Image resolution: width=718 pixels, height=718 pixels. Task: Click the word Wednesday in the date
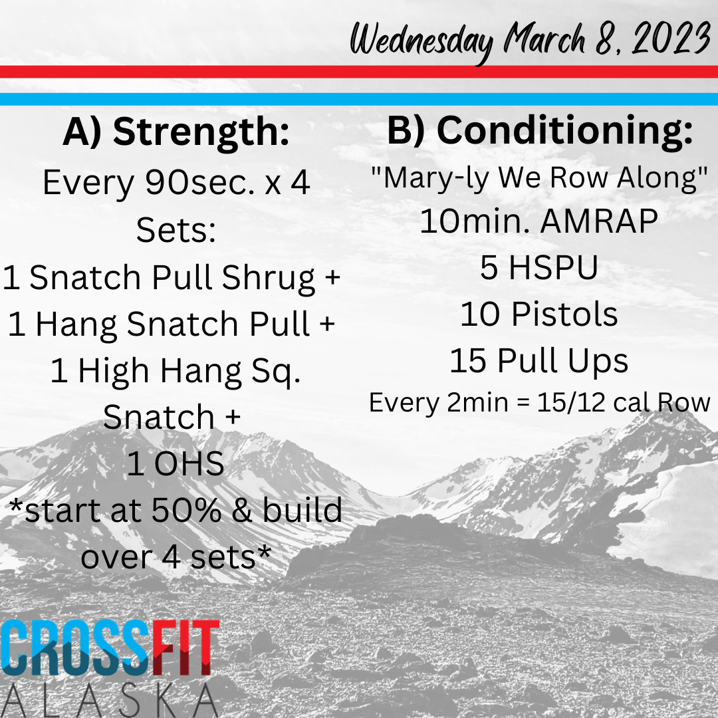tap(421, 41)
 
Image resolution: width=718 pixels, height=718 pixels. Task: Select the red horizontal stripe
tap(359, 72)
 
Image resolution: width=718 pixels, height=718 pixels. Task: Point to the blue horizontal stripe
tap(359, 99)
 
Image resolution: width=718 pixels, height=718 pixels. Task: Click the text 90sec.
tap(199, 183)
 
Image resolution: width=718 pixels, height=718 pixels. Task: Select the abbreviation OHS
tap(189, 464)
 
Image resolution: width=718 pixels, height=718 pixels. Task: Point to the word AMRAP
tap(599, 221)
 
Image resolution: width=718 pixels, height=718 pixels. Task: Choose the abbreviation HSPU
tap(553, 267)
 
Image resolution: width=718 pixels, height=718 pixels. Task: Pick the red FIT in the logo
tap(185, 647)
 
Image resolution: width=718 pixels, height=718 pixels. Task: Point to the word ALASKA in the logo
tap(109, 701)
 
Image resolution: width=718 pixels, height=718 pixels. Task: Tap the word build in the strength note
tap(302, 510)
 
